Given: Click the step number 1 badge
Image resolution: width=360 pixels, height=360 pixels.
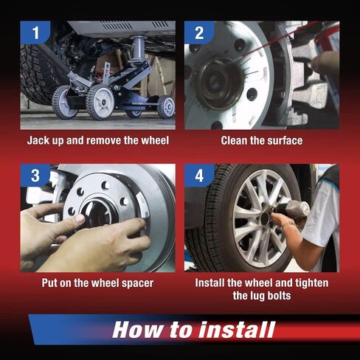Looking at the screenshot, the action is pos(35,32).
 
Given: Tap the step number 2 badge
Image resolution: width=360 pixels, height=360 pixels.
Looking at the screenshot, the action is pos(199,32).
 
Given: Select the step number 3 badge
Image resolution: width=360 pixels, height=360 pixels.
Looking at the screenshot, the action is pos(35,176).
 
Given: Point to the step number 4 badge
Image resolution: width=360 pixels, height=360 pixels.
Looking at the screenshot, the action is pos(199,176).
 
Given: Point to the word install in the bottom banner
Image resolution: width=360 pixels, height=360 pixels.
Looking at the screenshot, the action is pos(237,330).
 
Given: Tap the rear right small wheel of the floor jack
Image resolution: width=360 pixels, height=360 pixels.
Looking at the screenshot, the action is pos(166,106).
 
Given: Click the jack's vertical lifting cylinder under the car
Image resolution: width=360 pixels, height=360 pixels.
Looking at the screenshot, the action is pos(139,48).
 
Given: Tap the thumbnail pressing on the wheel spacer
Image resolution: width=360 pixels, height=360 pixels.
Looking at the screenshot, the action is pos(80,218).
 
